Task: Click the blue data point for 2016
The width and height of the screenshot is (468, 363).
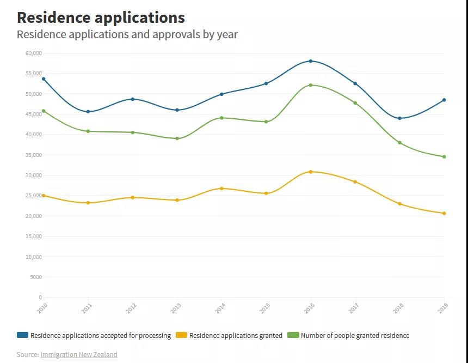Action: click(311, 61)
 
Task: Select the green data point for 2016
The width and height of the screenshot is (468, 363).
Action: click(311, 85)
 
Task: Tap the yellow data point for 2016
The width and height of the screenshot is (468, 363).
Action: click(311, 172)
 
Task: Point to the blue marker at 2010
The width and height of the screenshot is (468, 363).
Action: click(44, 79)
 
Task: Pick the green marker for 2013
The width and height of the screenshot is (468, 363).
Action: click(177, 138)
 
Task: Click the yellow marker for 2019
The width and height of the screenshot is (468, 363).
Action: click(444, 213)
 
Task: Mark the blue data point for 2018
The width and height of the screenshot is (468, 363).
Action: click(399, 118)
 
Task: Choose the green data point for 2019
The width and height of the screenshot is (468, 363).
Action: click(444, 157)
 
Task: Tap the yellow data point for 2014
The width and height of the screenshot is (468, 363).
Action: click(221, 189)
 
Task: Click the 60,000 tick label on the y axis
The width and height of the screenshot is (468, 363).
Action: click(33, 53)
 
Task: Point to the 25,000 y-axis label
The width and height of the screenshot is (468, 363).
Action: click(33, 196)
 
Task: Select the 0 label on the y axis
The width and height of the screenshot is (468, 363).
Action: click(40, 298)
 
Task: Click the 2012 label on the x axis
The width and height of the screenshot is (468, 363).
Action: click(131, 308)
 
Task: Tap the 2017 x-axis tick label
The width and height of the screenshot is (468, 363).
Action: click(354, 308)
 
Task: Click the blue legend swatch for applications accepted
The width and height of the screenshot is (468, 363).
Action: click(22, 335)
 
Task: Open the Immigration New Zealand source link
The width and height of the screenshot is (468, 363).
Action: click(78, 354)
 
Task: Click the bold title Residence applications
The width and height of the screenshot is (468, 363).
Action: click(101, 17)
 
